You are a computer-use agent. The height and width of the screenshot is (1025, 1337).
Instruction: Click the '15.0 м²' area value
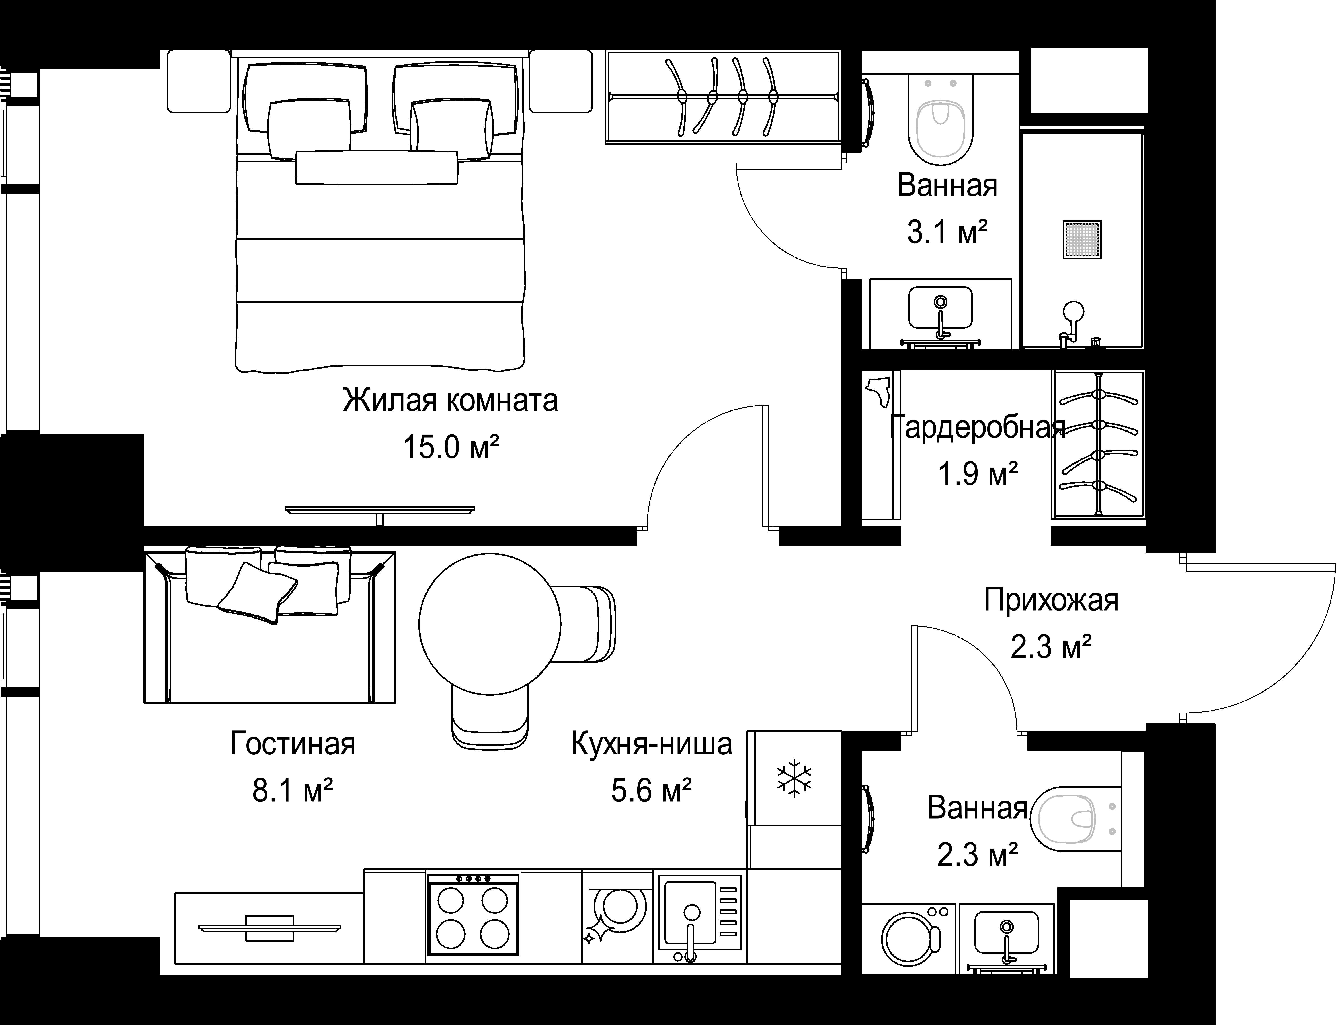tap(451, 447)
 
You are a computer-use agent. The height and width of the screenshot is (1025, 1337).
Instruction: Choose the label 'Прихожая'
tap(1051, 600)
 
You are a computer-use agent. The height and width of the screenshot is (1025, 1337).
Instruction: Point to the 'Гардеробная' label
tap(977, 428)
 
